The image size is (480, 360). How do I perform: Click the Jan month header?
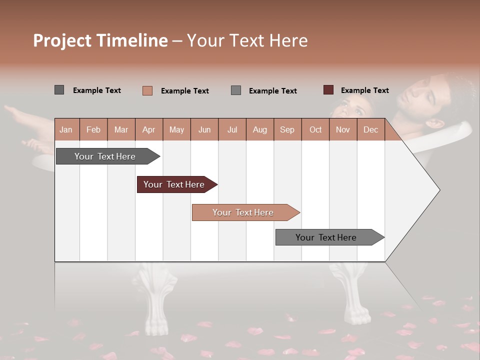(66, 129)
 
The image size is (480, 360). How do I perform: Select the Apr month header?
(148, 129)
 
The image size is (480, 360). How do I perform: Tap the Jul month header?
(232, 129)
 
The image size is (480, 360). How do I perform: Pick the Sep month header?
(287, 129)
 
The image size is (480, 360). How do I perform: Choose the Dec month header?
(370, 129)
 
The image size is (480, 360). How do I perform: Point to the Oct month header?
(315, 129)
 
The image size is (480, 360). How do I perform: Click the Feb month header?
(93, 129)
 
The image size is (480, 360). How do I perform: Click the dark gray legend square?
(59, 90)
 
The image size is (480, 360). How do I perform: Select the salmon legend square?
(147, 90)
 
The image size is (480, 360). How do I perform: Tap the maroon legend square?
(328, 90)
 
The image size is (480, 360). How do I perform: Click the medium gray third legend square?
(236, 90)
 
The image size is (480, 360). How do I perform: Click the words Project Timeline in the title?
(100, 40)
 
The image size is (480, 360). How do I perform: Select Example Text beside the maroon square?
(364, 90)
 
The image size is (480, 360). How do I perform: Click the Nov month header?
(343, 129)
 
